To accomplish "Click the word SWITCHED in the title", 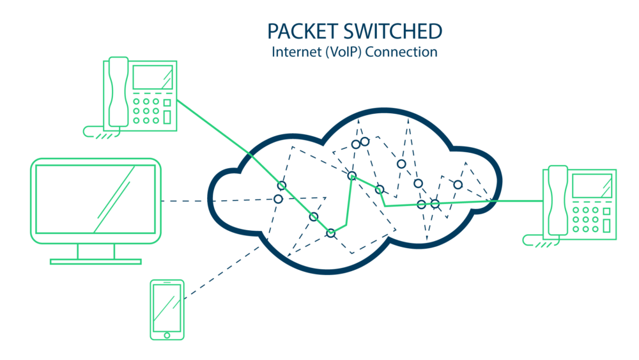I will [393, 31].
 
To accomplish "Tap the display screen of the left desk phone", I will [152, 79].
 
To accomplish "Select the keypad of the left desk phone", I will [146, 110].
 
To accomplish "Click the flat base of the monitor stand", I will [96, 261].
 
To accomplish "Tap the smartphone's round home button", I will [167, 334].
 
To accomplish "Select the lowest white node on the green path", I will [330, 233].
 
